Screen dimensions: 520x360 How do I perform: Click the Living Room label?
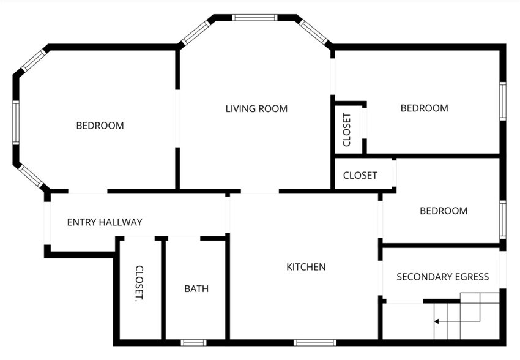coord(256,109)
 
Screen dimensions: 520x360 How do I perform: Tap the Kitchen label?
coord(306,267)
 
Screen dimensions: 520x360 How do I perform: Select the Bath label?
coord(196,288)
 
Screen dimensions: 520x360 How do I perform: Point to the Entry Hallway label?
coord(105,222)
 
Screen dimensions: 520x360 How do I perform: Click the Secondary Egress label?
coord(442,277)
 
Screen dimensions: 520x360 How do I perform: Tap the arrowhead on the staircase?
coord(436,321)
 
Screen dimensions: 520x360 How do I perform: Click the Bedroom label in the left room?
coord(100,126)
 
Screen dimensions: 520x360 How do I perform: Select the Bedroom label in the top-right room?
coord(424,108)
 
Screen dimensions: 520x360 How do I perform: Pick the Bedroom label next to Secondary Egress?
coord(444,211)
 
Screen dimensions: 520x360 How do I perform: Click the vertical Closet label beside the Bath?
coord(139,283)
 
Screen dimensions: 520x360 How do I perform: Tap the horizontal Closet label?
coord(360,175)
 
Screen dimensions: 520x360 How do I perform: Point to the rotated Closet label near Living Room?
coord(346,130)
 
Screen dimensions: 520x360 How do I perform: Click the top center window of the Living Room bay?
coord(254,18)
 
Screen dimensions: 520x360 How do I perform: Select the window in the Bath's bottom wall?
coord(193,343)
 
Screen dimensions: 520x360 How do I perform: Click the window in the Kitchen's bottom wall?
coord(314,343)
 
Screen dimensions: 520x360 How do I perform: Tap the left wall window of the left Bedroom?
coord(16,123)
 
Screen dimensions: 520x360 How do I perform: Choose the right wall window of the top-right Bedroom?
coord(503,101)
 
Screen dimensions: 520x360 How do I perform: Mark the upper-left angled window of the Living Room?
coord(196,33)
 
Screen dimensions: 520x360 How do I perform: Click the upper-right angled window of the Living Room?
coord(313,32)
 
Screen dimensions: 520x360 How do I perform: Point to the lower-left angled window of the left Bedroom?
coord(31,176)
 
